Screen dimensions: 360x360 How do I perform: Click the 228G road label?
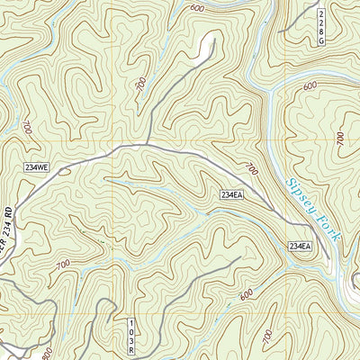pos(323,27)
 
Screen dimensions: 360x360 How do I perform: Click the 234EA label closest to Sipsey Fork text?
pos(300,246)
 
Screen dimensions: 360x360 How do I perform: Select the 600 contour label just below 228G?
pos(310,86)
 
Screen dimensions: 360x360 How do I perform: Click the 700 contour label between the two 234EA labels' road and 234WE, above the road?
pos(249,169)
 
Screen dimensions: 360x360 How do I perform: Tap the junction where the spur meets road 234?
pos(146,144)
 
